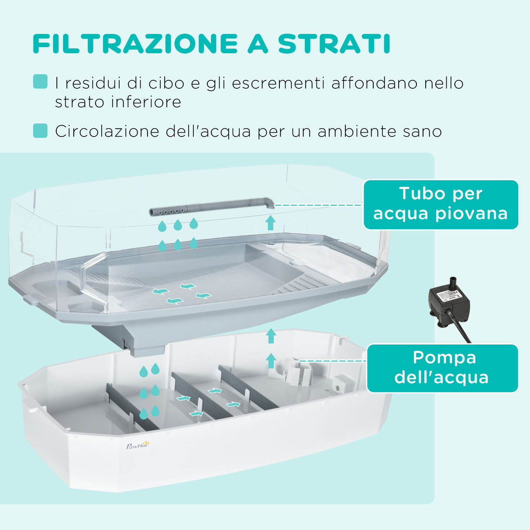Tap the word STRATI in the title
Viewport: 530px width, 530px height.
tap(334, 44)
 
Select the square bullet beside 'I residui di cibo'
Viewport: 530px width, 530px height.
tap(40, 82)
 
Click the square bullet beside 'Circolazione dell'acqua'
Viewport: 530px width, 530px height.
tap(40, 131)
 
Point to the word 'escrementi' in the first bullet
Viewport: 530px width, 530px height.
tap(278, 83)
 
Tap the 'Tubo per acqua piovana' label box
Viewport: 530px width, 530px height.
tap(441, 204)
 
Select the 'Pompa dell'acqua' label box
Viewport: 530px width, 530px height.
tap(442, 368)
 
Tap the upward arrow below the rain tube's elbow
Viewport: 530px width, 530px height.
tap(270, 222)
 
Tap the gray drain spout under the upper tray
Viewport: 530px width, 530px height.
tap(146, 347)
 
